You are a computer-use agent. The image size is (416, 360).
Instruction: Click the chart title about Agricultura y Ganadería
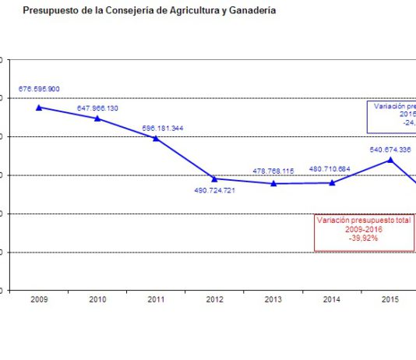(x=149, y=11)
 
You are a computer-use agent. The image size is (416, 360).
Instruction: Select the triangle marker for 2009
(x=39, y=108)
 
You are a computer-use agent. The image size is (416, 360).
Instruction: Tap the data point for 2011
(x=156, y=139)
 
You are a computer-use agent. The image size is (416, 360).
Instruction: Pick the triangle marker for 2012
(x=214, y=178)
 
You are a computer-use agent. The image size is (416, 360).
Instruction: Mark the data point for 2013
(x=273, y=183)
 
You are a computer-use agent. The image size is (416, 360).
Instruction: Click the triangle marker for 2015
(x=390, y=160)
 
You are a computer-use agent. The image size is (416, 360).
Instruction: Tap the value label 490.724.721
(x=215, y=189)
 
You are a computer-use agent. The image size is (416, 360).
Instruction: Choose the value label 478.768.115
(x=273, y=171)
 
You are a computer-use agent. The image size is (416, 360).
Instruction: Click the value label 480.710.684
(x=330, y=168)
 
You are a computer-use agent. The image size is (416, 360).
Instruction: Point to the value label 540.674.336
(x=390, y=149)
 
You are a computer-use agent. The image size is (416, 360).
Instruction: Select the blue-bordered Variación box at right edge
(x=392, y=116)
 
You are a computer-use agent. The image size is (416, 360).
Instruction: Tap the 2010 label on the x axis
(x=97, y=300)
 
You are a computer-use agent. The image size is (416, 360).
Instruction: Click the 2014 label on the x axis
(x=331, y=300)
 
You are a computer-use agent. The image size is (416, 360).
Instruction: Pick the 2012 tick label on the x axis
(x=214, y=300)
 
